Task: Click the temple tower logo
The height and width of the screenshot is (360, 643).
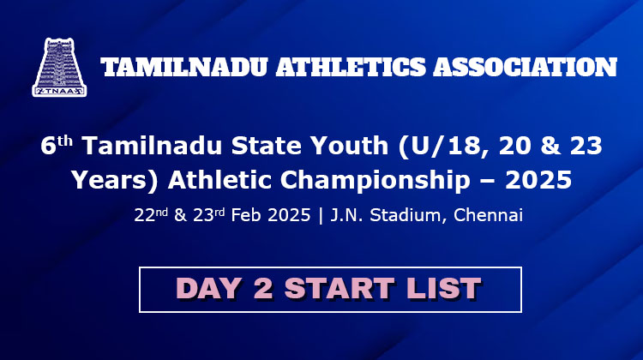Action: tap(59, 67)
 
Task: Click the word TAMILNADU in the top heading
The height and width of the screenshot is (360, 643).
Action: tap(184, 67)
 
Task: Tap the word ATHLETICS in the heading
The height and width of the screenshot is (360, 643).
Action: tap(351, 67)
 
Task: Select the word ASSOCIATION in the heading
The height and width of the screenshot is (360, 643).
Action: tap(526, 67)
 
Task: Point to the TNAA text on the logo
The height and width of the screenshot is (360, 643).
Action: tap(59, 91)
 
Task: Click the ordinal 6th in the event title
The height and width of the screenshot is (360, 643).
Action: tap(57, 145)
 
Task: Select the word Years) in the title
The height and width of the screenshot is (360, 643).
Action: tap(115, 180)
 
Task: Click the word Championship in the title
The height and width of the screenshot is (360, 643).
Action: tap(375, 180)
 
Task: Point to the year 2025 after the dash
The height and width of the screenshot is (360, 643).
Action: tap(538, 180)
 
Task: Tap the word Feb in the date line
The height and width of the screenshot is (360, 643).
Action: tap(246, 215)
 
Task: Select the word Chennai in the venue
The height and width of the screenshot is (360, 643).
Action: tap(488, 215)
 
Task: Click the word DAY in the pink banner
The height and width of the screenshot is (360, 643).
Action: tap(208, 288)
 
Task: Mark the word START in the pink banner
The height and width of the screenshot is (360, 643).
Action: tap(340, 288)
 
